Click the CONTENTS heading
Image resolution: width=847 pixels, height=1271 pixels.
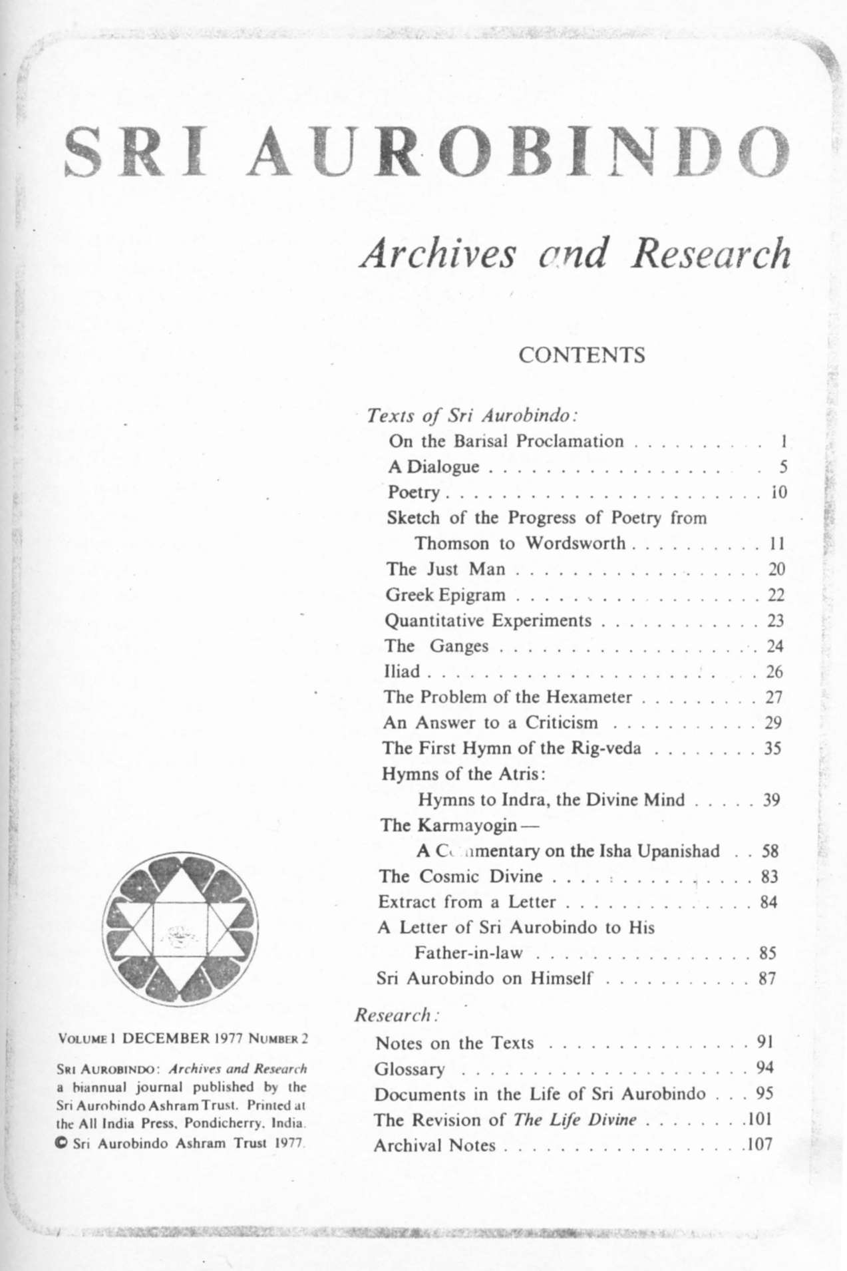coord(582,355)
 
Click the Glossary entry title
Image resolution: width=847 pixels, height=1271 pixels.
coord(409,1069)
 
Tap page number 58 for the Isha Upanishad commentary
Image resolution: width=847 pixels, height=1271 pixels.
coord(770,851)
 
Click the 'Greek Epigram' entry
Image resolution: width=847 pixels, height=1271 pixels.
coord(445,594)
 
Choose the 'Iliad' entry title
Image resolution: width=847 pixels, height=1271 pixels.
coord(402,671)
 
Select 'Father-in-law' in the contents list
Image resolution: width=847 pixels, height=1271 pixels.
coord(468,953)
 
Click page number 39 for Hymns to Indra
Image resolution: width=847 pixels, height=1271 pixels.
coord(770,800)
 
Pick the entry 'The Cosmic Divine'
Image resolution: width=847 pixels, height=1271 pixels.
coord(460,876)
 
